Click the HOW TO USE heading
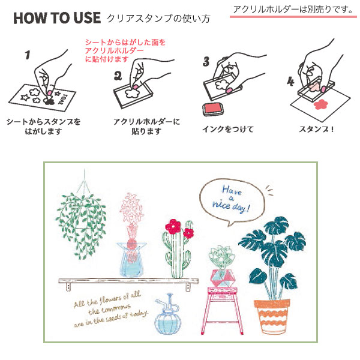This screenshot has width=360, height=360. (x=56, y=18)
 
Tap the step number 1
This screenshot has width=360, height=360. (x=27, y=56)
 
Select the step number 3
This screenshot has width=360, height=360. (x=206, y=61)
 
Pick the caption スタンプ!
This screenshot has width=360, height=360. (x=314, y=129)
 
